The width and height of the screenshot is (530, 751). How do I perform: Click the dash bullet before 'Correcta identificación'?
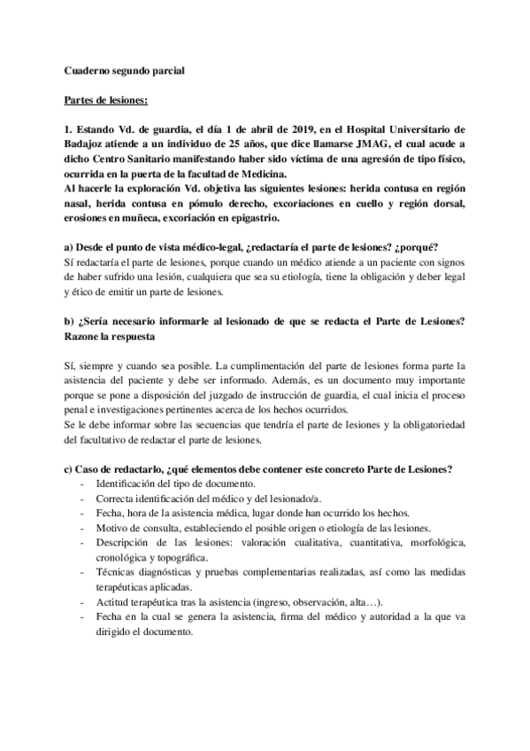click(x=81, y=499)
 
